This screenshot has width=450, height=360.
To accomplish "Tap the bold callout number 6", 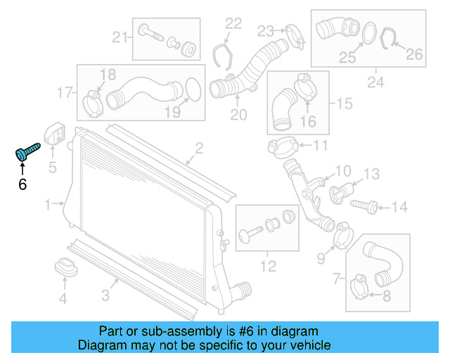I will (x=22, y=184).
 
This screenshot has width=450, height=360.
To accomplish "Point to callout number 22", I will (x=233, y=23).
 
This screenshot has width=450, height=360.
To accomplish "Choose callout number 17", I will (x=65, y=91).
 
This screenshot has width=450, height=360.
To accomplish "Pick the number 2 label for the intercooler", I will (x=199, y=148).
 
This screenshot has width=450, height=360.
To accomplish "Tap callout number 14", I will (x=399, y=207).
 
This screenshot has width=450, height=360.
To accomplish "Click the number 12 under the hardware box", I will (x=267, y=266).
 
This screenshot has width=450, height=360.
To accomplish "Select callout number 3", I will (x=105, y=296).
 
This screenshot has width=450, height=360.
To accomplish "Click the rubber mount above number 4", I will (x=65, y=268).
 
